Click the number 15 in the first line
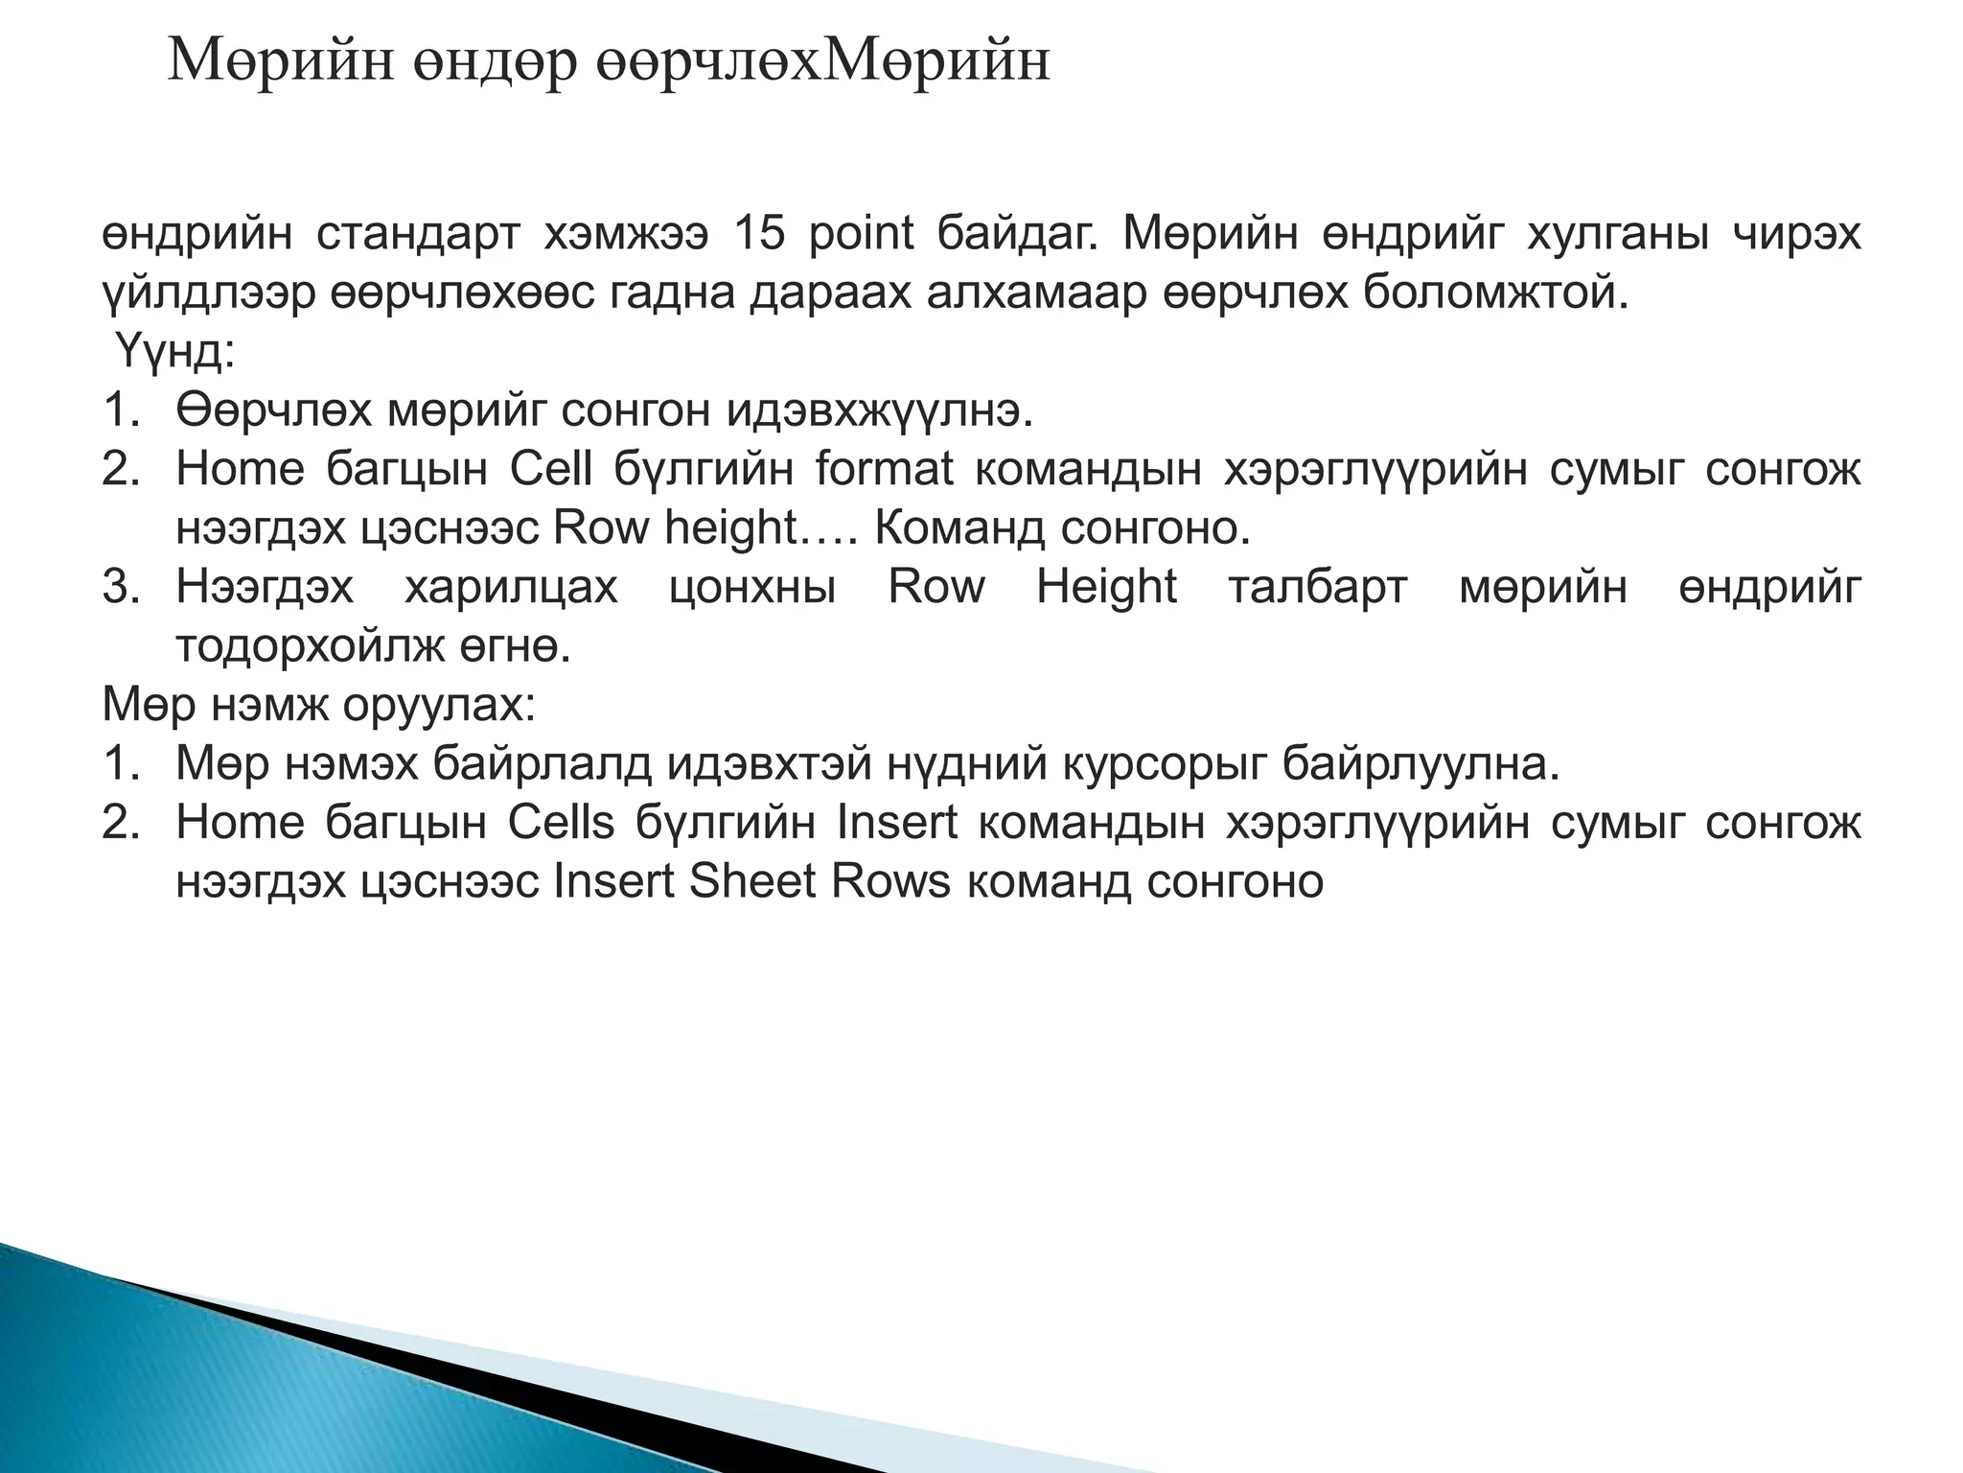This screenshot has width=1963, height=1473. point(758,235)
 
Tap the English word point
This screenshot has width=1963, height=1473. point(861,235)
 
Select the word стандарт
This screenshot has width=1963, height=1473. point(418,235)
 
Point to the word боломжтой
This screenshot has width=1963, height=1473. point(1495,293)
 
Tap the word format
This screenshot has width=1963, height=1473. point(884,470)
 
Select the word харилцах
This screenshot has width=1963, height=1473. point(511,588)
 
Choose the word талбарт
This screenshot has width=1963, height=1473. point(1317,588)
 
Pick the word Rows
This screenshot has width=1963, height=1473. point(890,882)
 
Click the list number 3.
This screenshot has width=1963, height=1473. point(121,588)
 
